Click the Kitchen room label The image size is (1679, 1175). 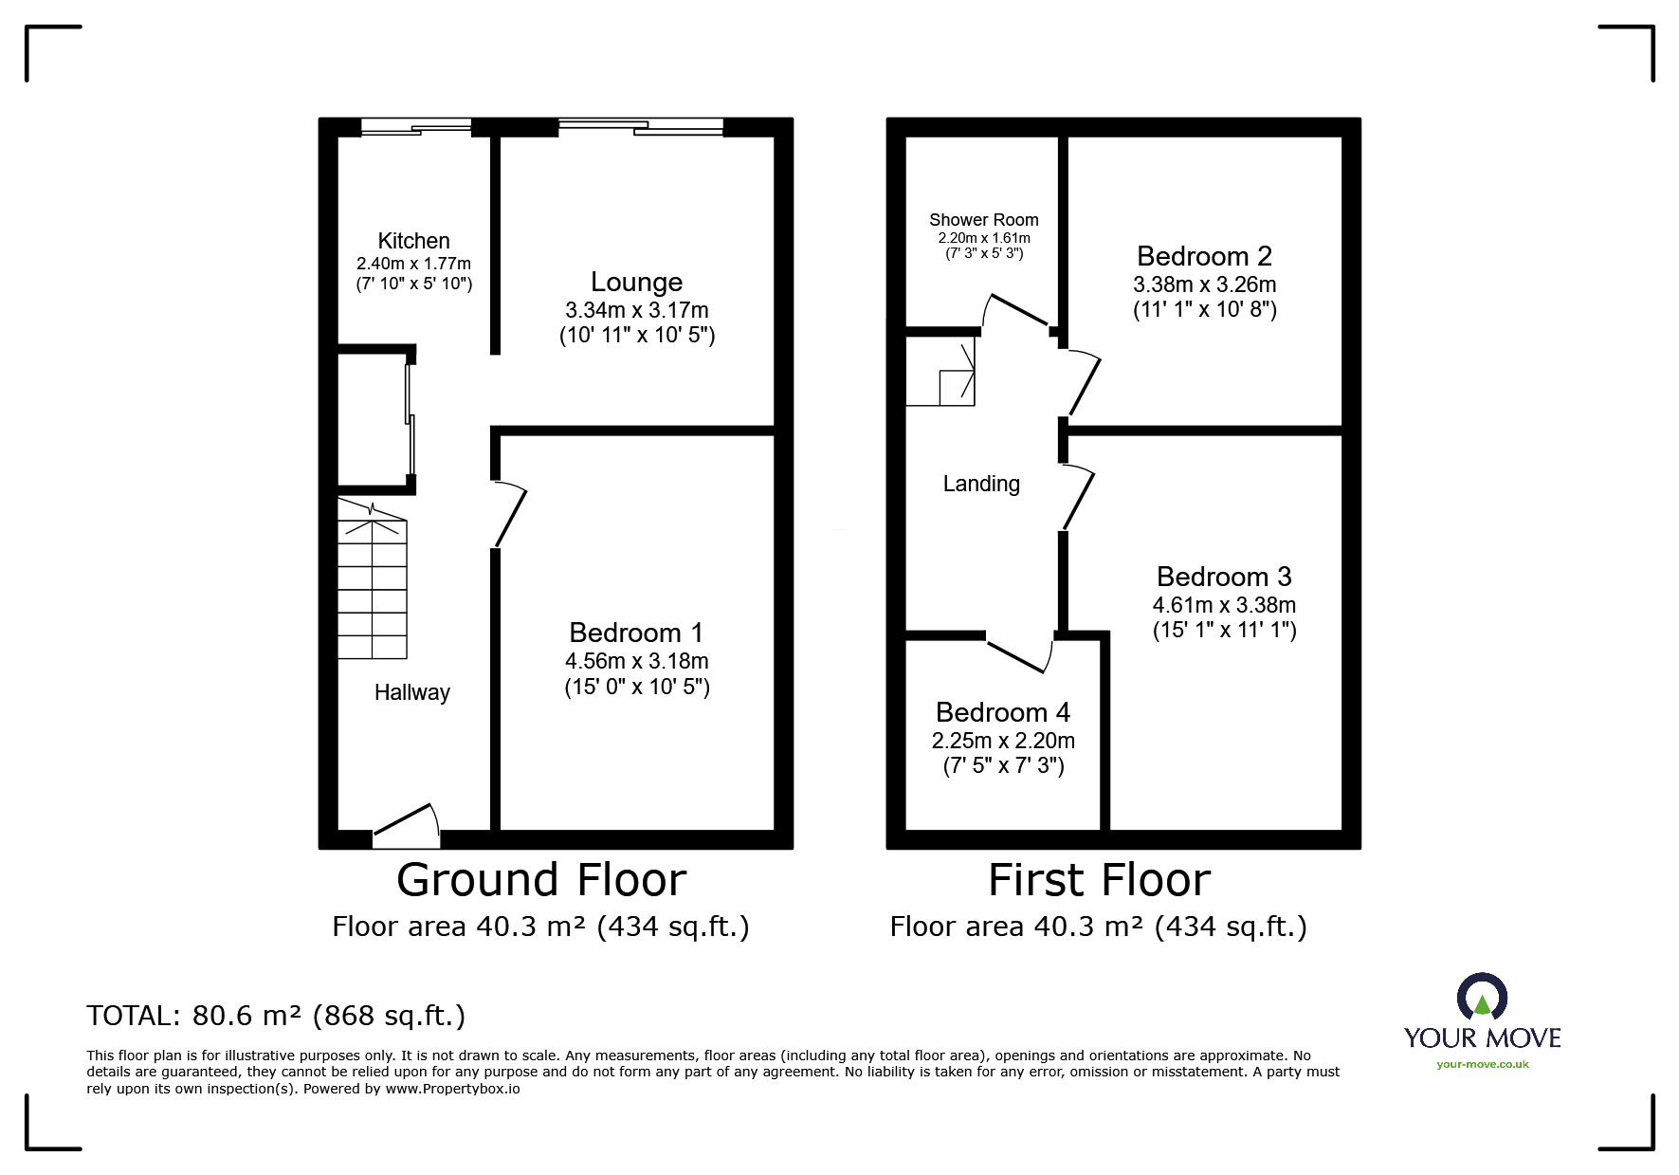coord(413,241)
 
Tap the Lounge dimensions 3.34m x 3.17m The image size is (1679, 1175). coord(637,310)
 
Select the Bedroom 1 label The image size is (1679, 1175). coord(636,633)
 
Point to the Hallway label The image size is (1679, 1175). coord(411,692)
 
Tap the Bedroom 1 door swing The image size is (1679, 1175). coord(510,515)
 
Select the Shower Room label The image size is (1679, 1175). coord(983,220)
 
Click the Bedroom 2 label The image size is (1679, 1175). coord(1204,256)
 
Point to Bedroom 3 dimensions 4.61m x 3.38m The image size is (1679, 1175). coord(1224,605)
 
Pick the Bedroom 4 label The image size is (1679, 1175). coord(1003,712)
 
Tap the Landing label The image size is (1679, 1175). coord(981,484)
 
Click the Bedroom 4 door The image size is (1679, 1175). coord(1018,655)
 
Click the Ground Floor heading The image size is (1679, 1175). coord(541,880)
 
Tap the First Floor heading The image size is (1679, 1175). coord(1099,880)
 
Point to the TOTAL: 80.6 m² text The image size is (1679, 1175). coord(276,1016)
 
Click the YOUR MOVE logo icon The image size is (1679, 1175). coord(1482,999)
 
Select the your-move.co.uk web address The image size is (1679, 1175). coord(1482,1064)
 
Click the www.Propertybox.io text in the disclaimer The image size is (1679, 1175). coord(452,1089)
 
